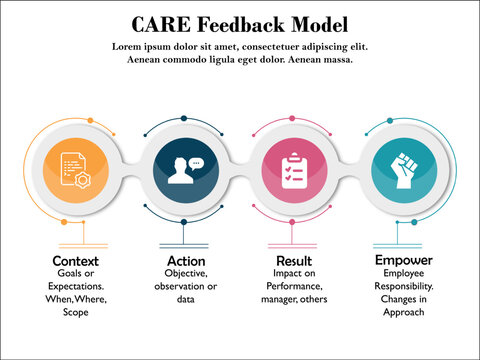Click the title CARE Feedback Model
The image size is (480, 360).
[240, 23]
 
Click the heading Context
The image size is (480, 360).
[76, 262]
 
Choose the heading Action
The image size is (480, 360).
[186, 262]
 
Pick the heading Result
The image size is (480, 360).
[294, 262]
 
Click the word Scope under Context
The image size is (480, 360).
[76, 312]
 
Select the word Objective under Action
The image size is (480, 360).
[186, 274]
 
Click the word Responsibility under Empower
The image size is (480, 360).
[401, 286]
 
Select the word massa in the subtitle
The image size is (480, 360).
[336, 60]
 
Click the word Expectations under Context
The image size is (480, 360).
[76, 287]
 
